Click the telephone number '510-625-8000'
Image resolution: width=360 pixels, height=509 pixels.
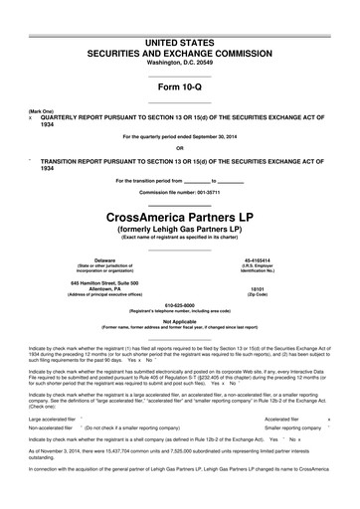pos(180,304)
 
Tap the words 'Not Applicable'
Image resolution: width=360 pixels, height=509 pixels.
pos(180,321)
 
